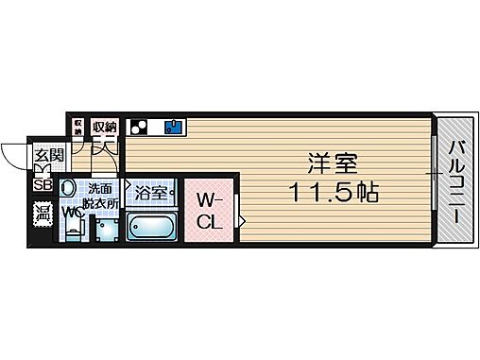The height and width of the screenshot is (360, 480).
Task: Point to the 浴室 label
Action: [150, 194]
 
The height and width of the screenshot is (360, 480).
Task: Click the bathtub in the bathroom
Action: [150, 229]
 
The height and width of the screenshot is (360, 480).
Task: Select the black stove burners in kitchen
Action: [138, 127]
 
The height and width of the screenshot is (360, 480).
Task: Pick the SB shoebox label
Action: [43, 185]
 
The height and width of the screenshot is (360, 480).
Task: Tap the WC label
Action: [70, 213]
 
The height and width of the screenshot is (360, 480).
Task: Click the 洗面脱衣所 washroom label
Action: [98, 196]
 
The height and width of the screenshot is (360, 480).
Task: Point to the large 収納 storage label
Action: [104, 127]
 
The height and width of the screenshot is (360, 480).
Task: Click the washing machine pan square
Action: [106, 231]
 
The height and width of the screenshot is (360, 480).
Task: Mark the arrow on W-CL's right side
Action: [242, 222]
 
